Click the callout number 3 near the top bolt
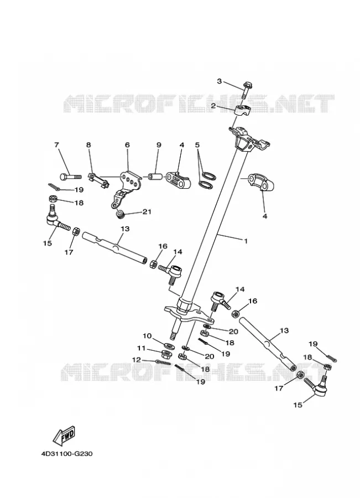pyautogui.click(x=220, y=81)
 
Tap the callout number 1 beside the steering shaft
pyautogui.click(x=246, y=241)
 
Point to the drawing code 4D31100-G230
pyautogui.click(x=67, y=454)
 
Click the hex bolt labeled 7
pyautogui.click(x=70, y=176)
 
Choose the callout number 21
pyautogui.click(x=147, y=211)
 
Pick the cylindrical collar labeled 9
pyautogui.click(x=155, y=176)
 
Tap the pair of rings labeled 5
pyautogui.click(x=207, y=179)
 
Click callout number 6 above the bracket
pyautogui.click(x=127, y=145)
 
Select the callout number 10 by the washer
pyautogui.click(x=147, y=336)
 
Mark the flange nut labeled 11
pyautogui.click(x=166, y=353)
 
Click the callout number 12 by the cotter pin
pyautogui.click(x=137, y=360)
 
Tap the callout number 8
pyautogui.click(x=88, y=145)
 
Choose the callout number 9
pyautogui.click(x=159, y=145)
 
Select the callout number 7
pyautogui.click(x=57, y=145)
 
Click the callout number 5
pyautogui.click(x=197, y=145)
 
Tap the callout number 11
pyautogui.click(x=141, y=348)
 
